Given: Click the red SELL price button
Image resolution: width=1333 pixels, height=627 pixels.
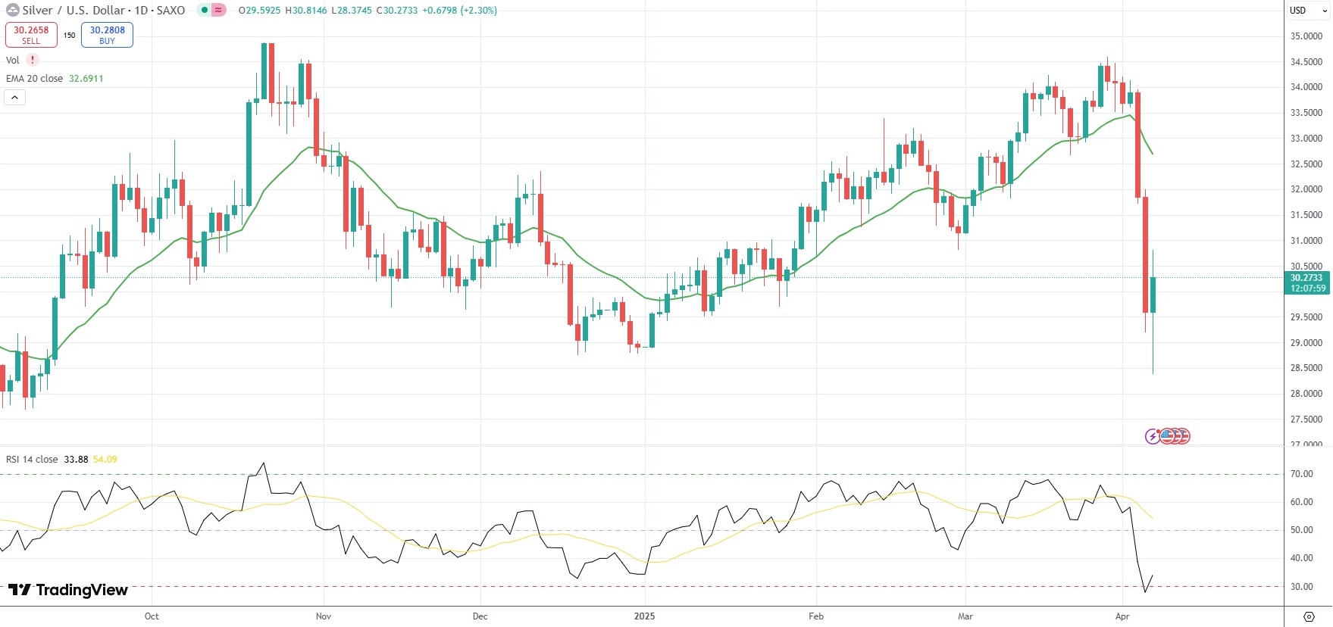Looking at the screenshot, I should (x=31, y=35).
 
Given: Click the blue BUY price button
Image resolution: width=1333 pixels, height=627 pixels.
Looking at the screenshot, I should (x=107, y=35).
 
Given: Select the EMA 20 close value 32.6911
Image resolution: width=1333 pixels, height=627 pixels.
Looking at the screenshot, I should (x=86, y=79).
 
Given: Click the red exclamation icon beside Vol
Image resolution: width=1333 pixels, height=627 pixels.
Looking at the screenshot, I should (x=33, y=61).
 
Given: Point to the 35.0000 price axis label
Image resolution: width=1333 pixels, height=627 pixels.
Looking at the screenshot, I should (x=1306, y=36).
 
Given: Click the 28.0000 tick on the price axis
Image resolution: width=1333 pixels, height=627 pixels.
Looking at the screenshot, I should (x=1306, y=394).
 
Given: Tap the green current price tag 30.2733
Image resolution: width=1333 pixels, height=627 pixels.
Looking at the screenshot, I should (x=1307, y=282).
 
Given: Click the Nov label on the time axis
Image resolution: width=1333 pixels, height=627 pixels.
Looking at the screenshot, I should (x=324, y=616).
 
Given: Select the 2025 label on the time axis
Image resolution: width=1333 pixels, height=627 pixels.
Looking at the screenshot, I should (x=644, y=616).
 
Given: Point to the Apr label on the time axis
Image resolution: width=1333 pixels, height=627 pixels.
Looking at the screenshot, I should (x=1122, y=616).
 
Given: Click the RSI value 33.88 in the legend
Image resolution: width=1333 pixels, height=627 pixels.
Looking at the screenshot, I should (x=76, y=460).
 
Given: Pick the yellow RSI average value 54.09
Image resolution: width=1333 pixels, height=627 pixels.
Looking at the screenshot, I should (x=105, y=460).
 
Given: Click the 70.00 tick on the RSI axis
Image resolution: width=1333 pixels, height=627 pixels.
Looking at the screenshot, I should (x=1302, y=474).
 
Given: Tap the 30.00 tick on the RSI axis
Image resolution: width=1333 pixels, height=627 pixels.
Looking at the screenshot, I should (x=1302, y=587).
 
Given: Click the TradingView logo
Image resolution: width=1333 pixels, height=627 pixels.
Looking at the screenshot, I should (x=68, y=590).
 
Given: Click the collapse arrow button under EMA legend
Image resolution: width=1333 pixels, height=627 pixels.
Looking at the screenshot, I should (x=14, y=98).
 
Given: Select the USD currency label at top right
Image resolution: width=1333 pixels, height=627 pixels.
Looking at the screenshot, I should (x=1298, y=11).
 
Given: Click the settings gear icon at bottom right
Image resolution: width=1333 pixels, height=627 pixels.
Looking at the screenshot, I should (x=1309, y=616).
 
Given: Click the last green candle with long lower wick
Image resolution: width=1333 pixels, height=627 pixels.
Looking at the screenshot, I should (x=1153, y=295).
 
